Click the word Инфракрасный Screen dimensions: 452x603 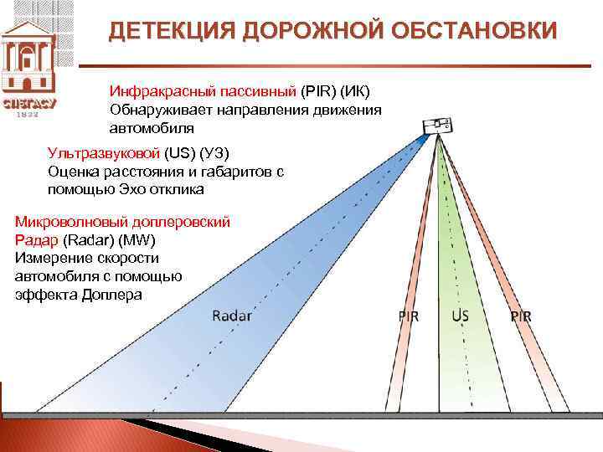pyautogui.click(x=159, y=90)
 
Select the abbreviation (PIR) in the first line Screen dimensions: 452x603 pyautogui.click(x=316, y=90)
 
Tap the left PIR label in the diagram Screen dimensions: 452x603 pyautogui.click(x=409, y=316)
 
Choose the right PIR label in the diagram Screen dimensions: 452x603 pyautogui.click(x=521, y=316)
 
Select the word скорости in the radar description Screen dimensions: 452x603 pyautogui.click(x=123, y=259)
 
